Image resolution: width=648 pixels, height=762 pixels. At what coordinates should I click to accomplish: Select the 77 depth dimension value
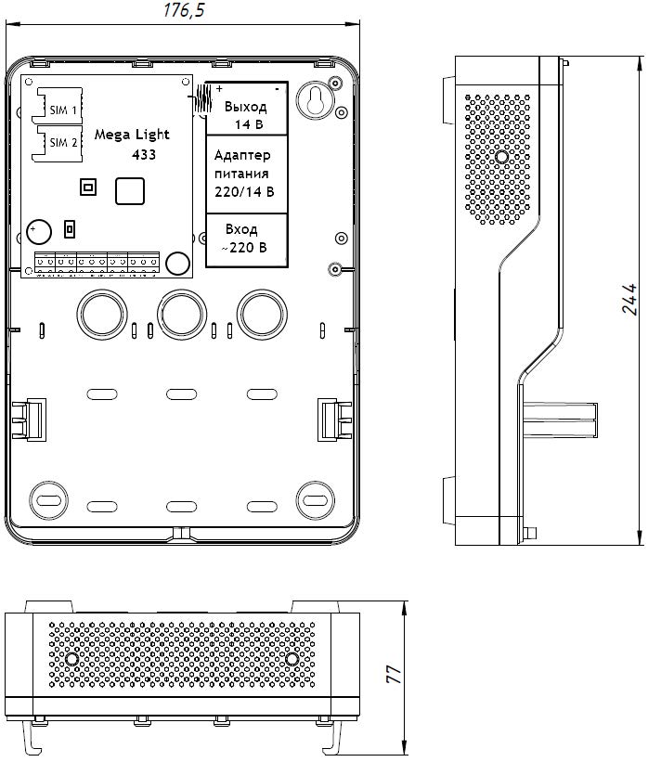[x=393, y=673]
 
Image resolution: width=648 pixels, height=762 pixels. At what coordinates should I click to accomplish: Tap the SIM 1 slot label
[x=63, y=110]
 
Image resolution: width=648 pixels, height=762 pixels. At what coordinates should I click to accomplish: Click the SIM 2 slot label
[x=63, y=142]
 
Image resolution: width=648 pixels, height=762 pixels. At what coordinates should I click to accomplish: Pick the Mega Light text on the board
[x=131, y=135]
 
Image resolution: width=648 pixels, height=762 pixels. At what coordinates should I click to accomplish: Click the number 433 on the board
[x=144, y=154]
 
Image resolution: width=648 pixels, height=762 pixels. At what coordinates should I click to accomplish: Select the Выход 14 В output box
[x=246, y=114]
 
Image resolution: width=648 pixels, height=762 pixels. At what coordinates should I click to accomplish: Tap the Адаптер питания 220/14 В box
[x=244, y=174]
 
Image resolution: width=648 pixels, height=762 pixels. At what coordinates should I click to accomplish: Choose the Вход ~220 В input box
[x=244, y=239]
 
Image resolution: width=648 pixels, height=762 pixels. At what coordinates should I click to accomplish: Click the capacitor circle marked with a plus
[x=39, y=231]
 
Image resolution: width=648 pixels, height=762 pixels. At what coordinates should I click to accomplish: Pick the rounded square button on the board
[x=130, y=190]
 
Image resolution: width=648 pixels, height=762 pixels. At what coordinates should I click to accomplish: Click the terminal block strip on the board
[x=97, y=264]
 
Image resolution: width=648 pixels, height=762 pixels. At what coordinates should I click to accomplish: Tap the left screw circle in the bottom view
[x=71, y=659]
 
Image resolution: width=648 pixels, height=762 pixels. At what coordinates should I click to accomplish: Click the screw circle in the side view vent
[x=502, y=157]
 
